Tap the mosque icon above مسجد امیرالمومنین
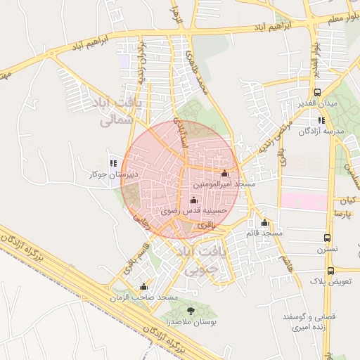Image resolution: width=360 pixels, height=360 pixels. click(x=224, y=173)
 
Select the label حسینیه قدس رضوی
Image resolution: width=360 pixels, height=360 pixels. click(x=193, y=210)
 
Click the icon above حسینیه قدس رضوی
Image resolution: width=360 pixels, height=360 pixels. click(x=193, y=200)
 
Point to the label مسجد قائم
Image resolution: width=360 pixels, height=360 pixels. click(x=265, y=233)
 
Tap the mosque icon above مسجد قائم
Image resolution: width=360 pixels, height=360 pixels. click(x=265, y=222)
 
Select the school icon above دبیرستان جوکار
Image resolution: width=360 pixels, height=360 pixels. click(x=112, y=163)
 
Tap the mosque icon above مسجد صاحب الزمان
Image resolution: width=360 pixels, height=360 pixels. click(x=143, y=286)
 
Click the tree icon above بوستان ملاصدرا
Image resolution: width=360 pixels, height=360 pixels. click(x=191, y=309)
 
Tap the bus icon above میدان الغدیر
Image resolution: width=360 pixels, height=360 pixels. click(x=318, y=92)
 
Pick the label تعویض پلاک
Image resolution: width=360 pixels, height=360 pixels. click(x=331, y=281)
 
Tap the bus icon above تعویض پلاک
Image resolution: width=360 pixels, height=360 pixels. click(x=330, y=270)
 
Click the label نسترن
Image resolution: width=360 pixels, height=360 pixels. click(x=327, y=249)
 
